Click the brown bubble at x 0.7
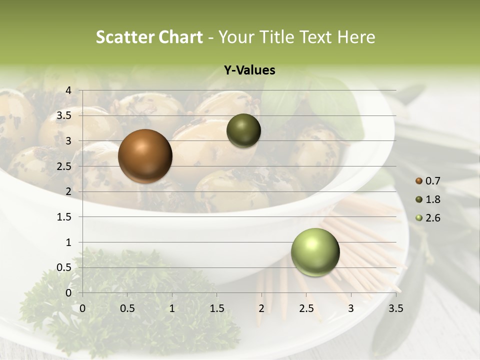[x=145, y=156]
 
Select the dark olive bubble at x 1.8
[x=243, y=130]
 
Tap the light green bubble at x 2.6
[x=315, y=252]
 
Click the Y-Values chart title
[x=249, y=70]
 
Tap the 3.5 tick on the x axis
[x=395, y=308]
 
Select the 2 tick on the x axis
[x=261, y=308]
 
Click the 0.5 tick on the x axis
[x=127, y=308]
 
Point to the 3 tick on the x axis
[x=351, y=308]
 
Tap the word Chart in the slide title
[x=180, y=37]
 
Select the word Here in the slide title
[x=356, y=37]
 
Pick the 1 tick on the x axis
[x=172, y=308]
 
